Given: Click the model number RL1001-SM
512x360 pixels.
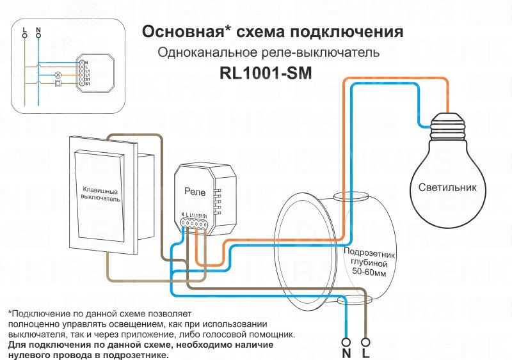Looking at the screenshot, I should pos(265,74).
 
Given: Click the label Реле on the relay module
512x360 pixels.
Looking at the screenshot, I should pos(195,191).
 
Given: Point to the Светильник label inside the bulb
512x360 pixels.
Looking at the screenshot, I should pos(448,188).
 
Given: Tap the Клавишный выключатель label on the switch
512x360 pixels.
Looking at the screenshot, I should pos(100,194).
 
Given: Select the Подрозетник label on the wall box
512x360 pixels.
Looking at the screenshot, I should pos(365,254).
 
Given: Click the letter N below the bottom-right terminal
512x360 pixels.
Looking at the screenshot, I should pos(346,352).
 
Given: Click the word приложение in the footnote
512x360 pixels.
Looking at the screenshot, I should pos(194,334).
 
